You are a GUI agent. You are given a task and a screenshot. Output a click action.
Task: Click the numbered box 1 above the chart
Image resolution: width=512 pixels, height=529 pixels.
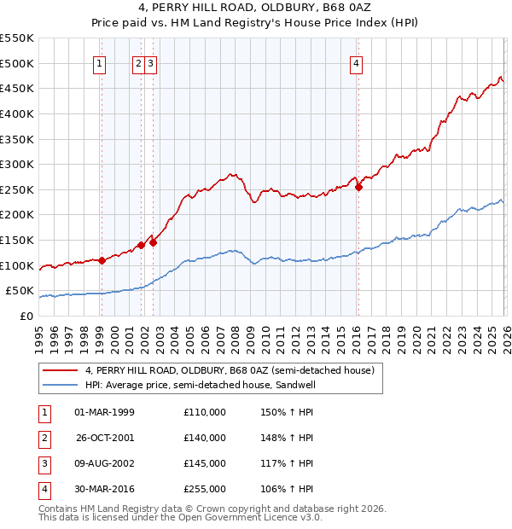101,62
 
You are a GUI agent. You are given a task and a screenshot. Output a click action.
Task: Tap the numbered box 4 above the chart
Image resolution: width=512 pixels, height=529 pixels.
355,62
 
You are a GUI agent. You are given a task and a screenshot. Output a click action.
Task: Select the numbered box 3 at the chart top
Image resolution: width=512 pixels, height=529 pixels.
150,62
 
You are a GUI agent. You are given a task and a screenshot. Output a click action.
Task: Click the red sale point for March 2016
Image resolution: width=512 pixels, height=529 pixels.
358,188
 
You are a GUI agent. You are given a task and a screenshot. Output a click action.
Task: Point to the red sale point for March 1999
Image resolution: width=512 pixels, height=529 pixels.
102,260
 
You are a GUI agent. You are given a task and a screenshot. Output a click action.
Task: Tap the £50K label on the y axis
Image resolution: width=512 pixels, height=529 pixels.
20,291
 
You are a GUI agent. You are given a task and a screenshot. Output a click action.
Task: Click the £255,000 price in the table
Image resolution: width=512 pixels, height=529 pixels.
205,489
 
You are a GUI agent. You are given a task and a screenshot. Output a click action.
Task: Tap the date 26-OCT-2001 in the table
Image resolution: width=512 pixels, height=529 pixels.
105,438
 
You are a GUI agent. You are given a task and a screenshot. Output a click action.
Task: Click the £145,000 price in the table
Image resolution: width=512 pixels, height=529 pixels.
205,463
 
